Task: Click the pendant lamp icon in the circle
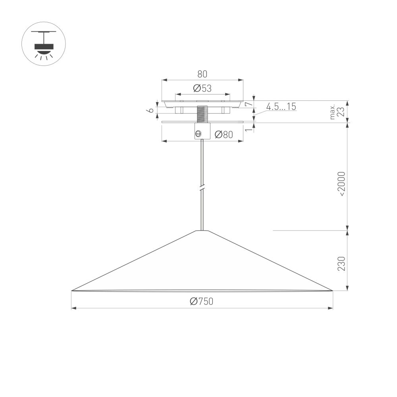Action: coord(43,44)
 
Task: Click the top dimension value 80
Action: coord(202,74)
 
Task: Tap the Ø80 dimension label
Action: coord(224,135)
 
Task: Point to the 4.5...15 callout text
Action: coord(281,106)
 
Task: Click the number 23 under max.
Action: coord(341,112)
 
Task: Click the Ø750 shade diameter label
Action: coord(202,302)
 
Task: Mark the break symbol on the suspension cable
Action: coord(202,187)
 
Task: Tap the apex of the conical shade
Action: coord(202,231)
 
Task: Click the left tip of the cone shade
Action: coord(72,291)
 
